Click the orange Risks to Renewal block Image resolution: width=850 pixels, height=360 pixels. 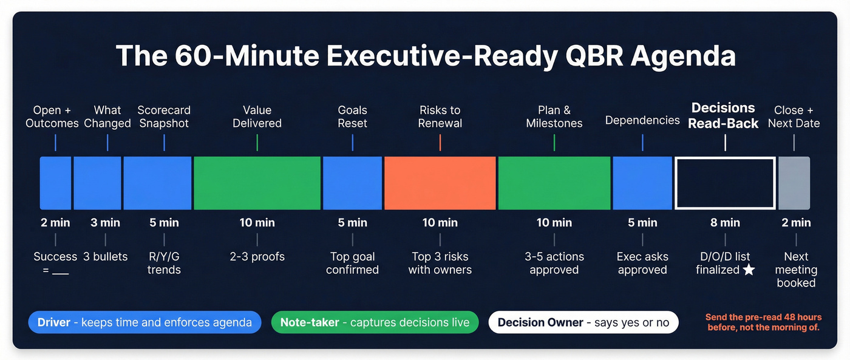pos(440,183)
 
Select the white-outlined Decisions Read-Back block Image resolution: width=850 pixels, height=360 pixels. pos(725,183)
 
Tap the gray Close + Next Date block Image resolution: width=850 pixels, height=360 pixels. pos(794,183)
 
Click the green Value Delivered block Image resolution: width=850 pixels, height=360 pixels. pos(257,183)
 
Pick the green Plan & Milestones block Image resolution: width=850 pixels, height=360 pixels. pos(554,183)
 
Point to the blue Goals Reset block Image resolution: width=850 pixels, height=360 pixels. pos(352,183)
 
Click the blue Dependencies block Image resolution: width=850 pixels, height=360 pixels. pos(642,183)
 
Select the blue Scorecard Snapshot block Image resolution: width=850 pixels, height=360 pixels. pos(158,183)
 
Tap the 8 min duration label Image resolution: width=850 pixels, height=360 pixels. pos(725,223)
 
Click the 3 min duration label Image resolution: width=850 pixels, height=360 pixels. pos(105,223)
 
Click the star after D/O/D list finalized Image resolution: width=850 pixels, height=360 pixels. pos(749,270)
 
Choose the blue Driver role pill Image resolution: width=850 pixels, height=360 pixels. pos(144,322)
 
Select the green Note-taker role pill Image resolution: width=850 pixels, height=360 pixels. pos(375,322)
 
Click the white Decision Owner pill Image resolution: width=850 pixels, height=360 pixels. pos(583,322)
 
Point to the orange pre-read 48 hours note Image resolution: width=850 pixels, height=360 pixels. pos(763,322)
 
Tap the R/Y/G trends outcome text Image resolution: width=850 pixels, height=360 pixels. pos(164,263)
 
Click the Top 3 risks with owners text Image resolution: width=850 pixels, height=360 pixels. pos(440,263)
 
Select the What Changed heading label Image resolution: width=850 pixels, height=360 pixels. pos(107,117)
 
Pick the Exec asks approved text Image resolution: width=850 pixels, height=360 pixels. pos(642,263)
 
